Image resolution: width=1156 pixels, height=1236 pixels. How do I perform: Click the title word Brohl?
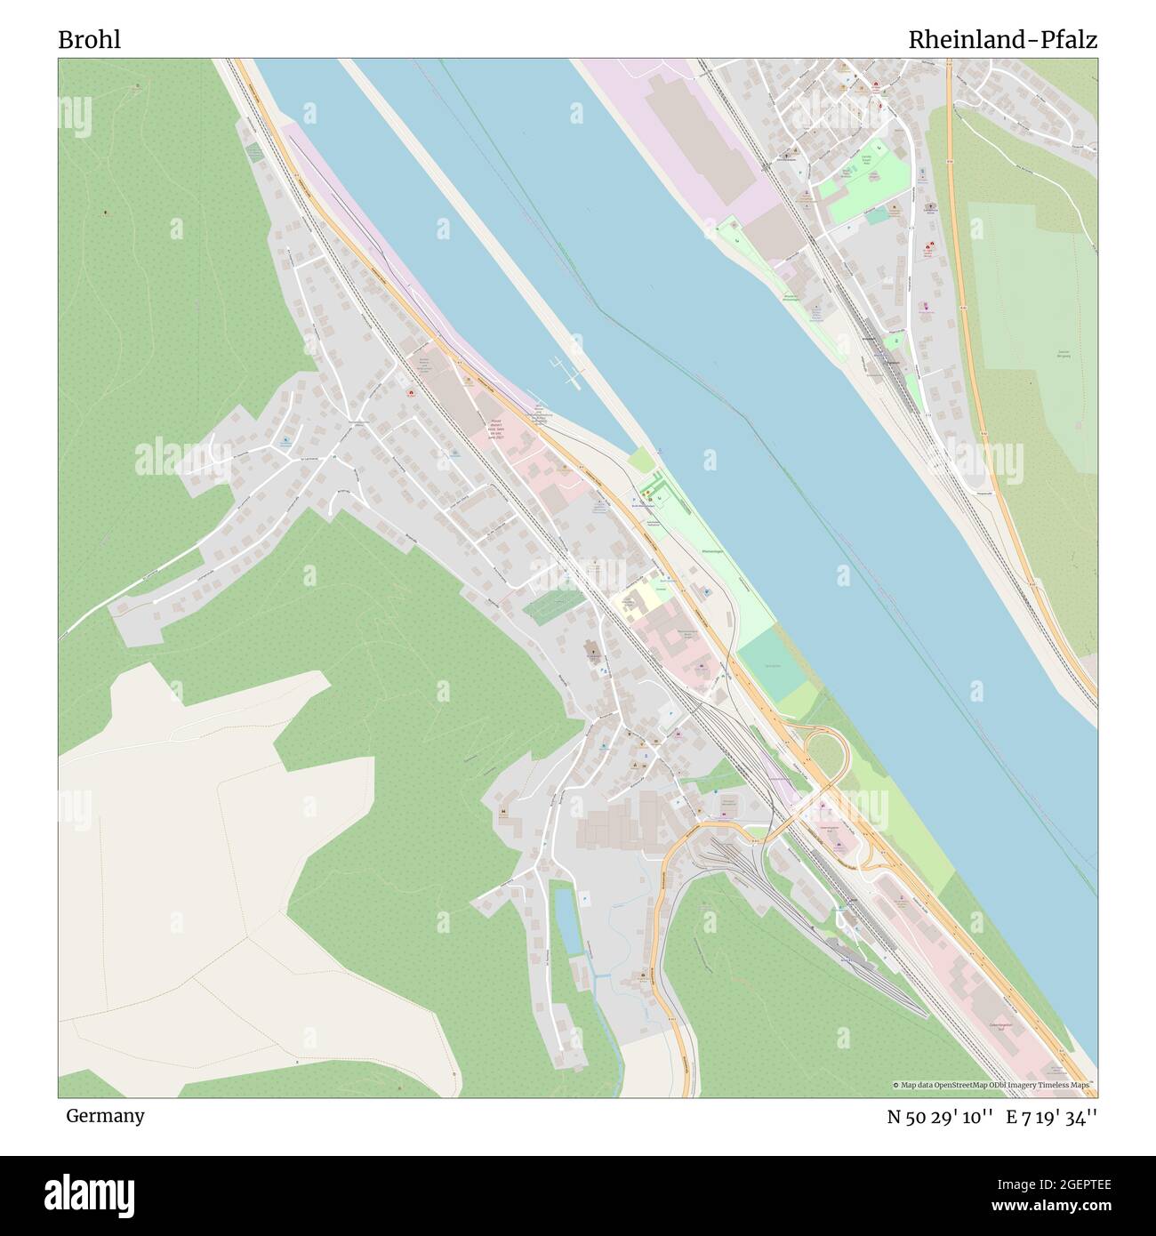coord(90,40)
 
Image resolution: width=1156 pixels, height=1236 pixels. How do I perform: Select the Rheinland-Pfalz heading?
coord(1002,40)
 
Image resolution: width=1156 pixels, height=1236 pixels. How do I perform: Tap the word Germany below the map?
coord(105,1115)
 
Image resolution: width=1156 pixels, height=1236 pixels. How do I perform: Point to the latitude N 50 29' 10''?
coord(940,1117)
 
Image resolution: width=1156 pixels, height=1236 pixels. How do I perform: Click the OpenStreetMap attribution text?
coord(994,1085)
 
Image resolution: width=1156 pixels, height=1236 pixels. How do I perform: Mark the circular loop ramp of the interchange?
coord(826,752)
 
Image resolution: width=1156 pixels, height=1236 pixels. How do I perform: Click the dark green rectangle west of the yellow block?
coord(550,606)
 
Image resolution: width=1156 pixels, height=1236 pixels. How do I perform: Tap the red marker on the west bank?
coord(411,393)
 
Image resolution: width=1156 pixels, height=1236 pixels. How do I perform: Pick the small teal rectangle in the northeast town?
coord(877,214)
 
